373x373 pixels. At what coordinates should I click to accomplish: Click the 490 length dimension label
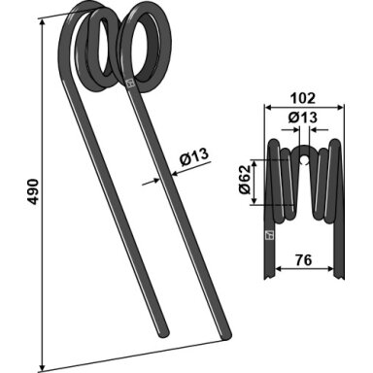pyautogui.click(x=34, y=191)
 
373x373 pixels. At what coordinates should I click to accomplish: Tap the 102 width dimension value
pyautogui.click(x=302, y=98)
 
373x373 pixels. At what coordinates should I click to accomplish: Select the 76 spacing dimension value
pyautogui.click(x=304, y=259)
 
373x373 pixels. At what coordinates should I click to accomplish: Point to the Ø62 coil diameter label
pyautogui.click(x=245, y=179)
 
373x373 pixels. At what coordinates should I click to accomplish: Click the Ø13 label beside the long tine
pyautogui.click(x=194, y=157)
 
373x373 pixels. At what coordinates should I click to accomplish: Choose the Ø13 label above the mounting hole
pyautogui.click(x=303, y=118)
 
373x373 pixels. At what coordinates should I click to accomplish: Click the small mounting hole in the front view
pyautogui.click(x=304, y=160)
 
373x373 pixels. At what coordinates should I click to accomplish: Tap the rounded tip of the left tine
pyautogui.click(x=164, y=333)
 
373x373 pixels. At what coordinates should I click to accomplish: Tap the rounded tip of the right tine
pyautogui.click(x=226, y=335)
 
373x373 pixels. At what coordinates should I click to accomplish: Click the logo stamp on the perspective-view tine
pyautogui.click(x=130, y=85)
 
